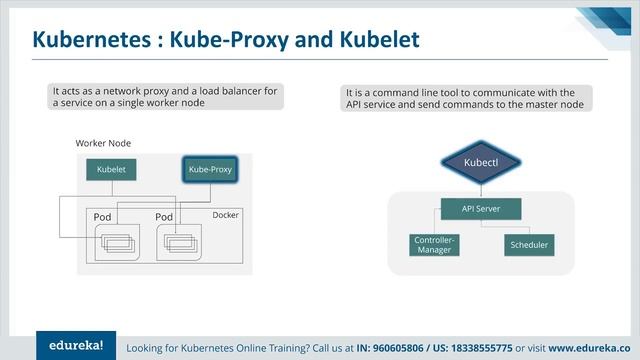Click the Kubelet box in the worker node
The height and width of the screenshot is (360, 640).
[x=110, y=170]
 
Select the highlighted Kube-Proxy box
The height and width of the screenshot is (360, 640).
[x=210, y=170]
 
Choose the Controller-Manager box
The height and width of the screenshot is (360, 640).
[x=435, y=244]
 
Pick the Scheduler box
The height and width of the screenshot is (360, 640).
[x=530, y=244]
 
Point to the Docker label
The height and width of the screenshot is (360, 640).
[x=227, y=215]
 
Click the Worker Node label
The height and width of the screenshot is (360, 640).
[x=103, y=144]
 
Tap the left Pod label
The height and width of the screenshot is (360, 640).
[x=102, y=217]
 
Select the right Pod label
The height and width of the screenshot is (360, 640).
[x=165, y=217]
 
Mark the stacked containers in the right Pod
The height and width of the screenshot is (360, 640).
[x=176, y=241]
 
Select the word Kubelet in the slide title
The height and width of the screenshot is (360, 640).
[x=375, y=39]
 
